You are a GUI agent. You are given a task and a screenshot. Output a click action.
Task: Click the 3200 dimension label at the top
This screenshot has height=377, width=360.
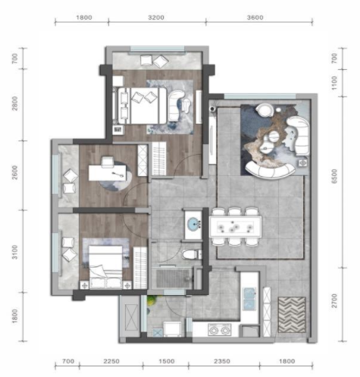pos(156,17)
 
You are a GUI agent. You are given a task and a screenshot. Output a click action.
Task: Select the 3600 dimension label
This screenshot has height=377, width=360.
pos(255,17)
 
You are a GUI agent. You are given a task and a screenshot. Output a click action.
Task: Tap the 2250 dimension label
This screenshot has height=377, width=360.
pos(111,361)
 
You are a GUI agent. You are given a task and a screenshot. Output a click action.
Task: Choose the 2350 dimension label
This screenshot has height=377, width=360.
pos(222,361)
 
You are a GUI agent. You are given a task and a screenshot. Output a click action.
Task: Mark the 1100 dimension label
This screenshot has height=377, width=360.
pos(334,83)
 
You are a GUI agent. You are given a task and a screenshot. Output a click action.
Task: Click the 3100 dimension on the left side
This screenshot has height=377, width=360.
pos(15,252)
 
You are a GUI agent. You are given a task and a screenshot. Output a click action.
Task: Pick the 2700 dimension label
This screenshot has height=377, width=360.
pos(334,300)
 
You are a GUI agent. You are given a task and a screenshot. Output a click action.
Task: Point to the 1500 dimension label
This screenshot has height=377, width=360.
pos(167,361)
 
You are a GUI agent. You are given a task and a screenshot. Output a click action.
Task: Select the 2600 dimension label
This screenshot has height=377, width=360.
pos(15,172)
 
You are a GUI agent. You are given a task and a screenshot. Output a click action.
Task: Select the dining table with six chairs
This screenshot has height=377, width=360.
pos(235,227)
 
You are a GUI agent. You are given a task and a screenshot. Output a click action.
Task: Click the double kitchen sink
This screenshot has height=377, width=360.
pos(249,298)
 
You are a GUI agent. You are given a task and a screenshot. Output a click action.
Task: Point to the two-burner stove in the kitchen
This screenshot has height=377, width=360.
pos(220,330)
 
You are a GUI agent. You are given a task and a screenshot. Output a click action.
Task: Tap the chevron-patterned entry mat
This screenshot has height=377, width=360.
pos(292,315)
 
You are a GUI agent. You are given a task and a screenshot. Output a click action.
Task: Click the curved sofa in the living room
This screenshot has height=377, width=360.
pos(270,170)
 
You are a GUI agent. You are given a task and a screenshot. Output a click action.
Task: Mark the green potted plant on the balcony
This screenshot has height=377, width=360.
pos(152,301)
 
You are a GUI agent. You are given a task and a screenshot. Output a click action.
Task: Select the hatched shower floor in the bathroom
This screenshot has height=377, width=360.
pos(173,278)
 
